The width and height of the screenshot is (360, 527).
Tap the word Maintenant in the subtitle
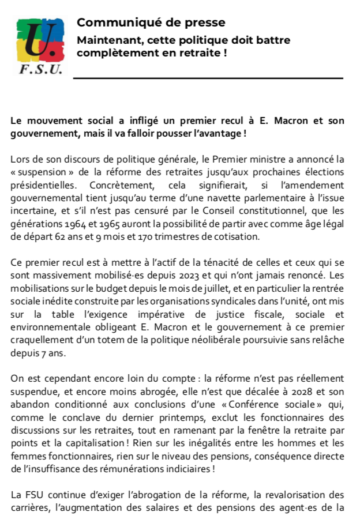tap(110, 40)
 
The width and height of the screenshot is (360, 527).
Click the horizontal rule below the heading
tap(208, 78)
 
